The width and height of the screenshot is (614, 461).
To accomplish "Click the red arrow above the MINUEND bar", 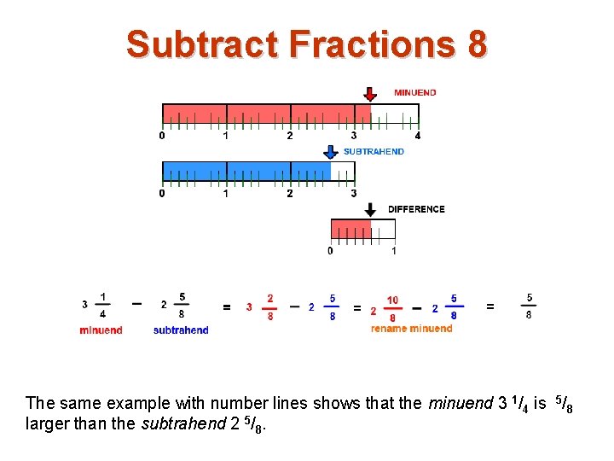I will coord(369,93).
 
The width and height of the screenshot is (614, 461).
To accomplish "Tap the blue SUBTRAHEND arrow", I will coord(331,151).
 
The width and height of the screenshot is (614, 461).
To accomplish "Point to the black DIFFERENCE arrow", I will coord(370,208).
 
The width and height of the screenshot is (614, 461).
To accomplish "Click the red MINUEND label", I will coord(415,92).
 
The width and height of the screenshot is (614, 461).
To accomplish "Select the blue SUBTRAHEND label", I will coord(374,152).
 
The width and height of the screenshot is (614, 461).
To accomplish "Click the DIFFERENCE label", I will coord(416,209).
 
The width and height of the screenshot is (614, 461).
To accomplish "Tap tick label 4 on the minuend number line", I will coord(417,136).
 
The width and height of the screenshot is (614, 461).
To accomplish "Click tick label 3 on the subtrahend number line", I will coord(353,194).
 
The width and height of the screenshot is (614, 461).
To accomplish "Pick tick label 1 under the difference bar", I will coord(394,251).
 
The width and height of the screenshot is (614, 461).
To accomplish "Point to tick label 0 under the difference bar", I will coord(331,251).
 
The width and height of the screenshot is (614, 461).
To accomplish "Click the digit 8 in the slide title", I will coord(476,44).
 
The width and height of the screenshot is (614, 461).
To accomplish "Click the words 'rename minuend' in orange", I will coord(411,329).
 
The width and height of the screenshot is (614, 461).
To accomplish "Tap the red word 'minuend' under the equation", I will coord(101,330).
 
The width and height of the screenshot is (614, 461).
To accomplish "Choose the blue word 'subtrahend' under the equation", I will coord(181,330).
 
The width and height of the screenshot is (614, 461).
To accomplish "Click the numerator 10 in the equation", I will coord(392,300).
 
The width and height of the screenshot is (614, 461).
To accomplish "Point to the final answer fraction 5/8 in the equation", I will coord(529,306).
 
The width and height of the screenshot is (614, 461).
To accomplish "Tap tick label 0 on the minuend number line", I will coord(162,136).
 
